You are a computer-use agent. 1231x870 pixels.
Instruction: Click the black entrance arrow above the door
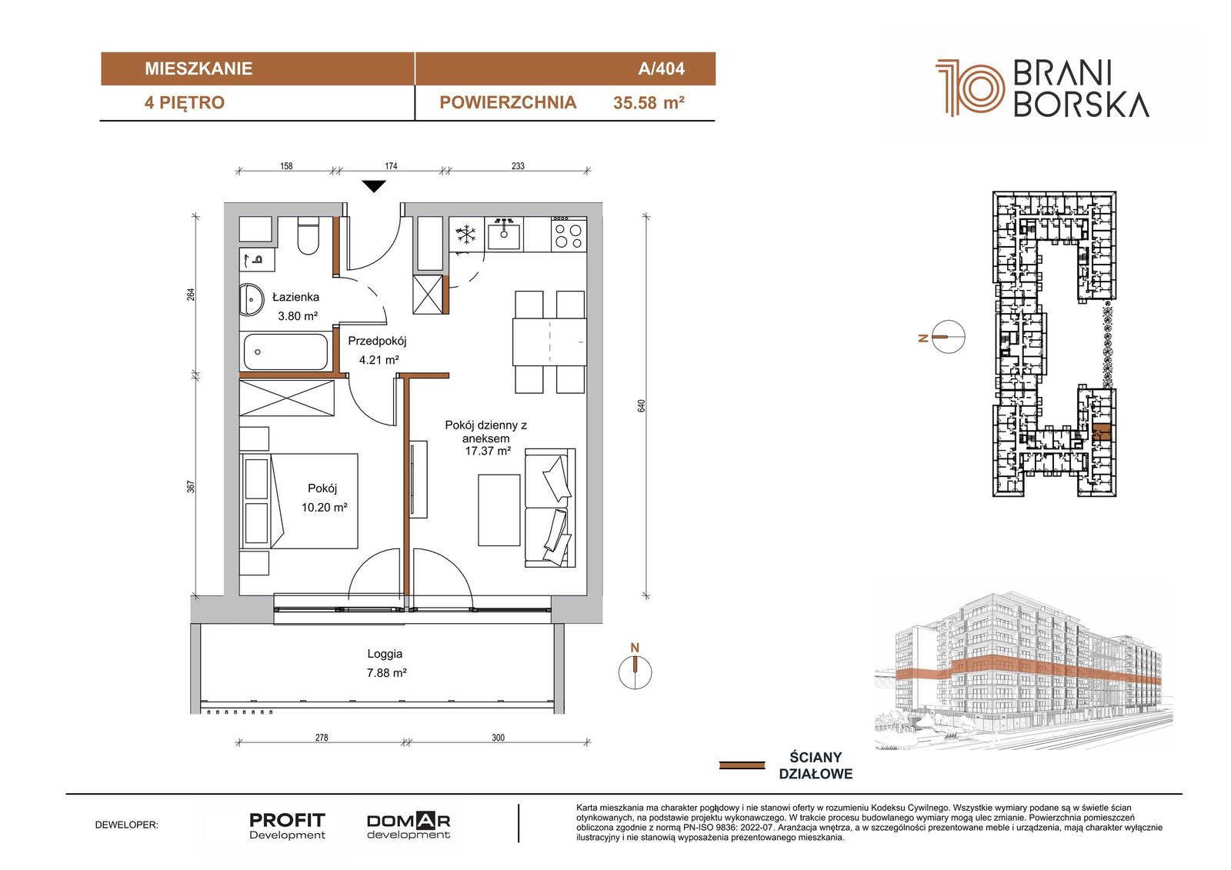point(374,186)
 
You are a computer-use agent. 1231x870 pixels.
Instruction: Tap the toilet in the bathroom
point(308,236)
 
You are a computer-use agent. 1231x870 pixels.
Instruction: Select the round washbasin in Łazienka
point(252,299)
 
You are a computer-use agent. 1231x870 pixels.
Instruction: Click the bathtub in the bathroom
point(285,352)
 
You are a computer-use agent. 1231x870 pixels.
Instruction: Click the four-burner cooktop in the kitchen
point(569,234)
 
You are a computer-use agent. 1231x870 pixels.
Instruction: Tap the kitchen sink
point(504,234)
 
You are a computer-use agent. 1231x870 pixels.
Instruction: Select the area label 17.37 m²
point(488,452)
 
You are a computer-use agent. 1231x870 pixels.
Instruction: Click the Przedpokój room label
point(377,341)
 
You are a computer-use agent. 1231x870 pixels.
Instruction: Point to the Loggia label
point(385,654)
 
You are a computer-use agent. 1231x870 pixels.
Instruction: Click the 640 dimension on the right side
point(642,405)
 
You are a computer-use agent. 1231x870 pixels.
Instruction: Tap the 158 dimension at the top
point(286,165)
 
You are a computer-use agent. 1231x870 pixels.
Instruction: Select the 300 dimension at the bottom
point(498,738)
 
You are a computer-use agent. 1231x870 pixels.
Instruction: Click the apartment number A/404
point(661,68)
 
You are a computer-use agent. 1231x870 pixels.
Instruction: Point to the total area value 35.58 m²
point(649,103)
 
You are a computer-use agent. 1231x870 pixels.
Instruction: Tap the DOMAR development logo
point(409,826)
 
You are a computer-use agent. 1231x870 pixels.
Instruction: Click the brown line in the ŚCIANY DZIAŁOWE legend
point(742,765)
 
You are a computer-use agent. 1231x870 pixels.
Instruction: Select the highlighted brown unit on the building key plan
point(1101,432)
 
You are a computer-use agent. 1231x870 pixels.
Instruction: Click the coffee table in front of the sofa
point(499,511)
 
